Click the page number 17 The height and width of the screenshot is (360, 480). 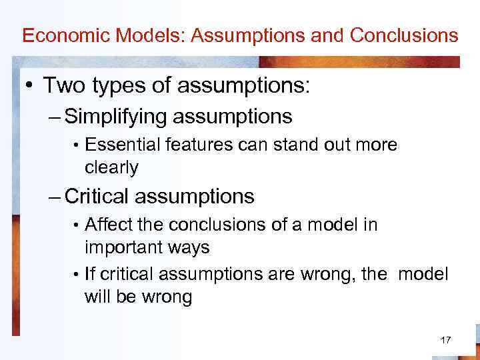click(x=446, y=341)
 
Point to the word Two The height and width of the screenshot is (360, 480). click(x=63, y=86)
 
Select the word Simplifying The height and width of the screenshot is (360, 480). click(x=117, y=118)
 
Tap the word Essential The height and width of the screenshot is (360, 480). click(x=116, y=145)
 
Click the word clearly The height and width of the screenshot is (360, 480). click(x=111, y=167)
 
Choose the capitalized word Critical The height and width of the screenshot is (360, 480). click(x=98, y=196)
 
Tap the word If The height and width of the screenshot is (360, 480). click(x=90, y=274)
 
